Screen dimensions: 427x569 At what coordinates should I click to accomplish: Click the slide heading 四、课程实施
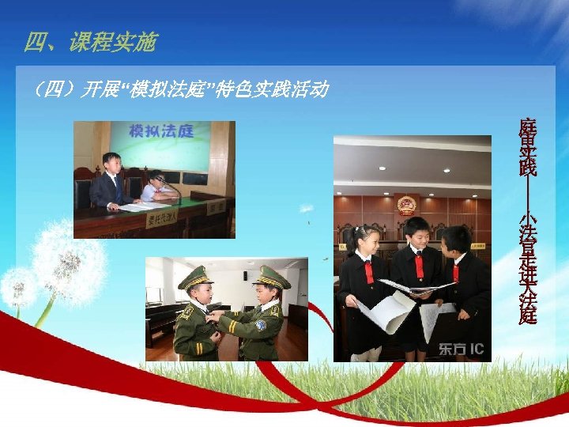(x=90, y=42)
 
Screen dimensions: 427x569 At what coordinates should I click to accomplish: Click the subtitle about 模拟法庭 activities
(x=178, y=89)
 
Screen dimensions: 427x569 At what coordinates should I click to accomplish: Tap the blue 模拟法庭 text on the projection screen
(x=161, y=131)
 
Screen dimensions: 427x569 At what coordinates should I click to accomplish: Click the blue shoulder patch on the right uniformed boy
(x=261, y=325)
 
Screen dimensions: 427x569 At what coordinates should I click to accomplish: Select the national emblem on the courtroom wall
(x=406, y=204)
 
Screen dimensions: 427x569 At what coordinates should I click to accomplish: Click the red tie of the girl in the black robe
(x=368, y=273)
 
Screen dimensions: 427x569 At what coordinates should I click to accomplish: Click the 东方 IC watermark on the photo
(x=462, y=349)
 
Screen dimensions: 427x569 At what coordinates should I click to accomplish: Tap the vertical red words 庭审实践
(x=527, y=147)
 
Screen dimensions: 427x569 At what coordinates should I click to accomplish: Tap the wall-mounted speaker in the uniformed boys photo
(x=245, y=275)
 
